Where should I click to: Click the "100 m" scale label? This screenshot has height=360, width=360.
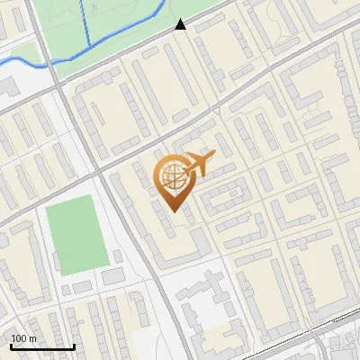point(23,338)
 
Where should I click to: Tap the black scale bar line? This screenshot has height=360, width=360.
point(42,346)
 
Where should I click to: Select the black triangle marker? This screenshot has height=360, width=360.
point(181,24)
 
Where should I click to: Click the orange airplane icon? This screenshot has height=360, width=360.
point(200,165)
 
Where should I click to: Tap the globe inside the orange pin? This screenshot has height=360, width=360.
point(171,176)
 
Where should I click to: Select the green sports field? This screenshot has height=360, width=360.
point(76,235)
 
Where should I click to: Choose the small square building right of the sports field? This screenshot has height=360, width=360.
point(117,256)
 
